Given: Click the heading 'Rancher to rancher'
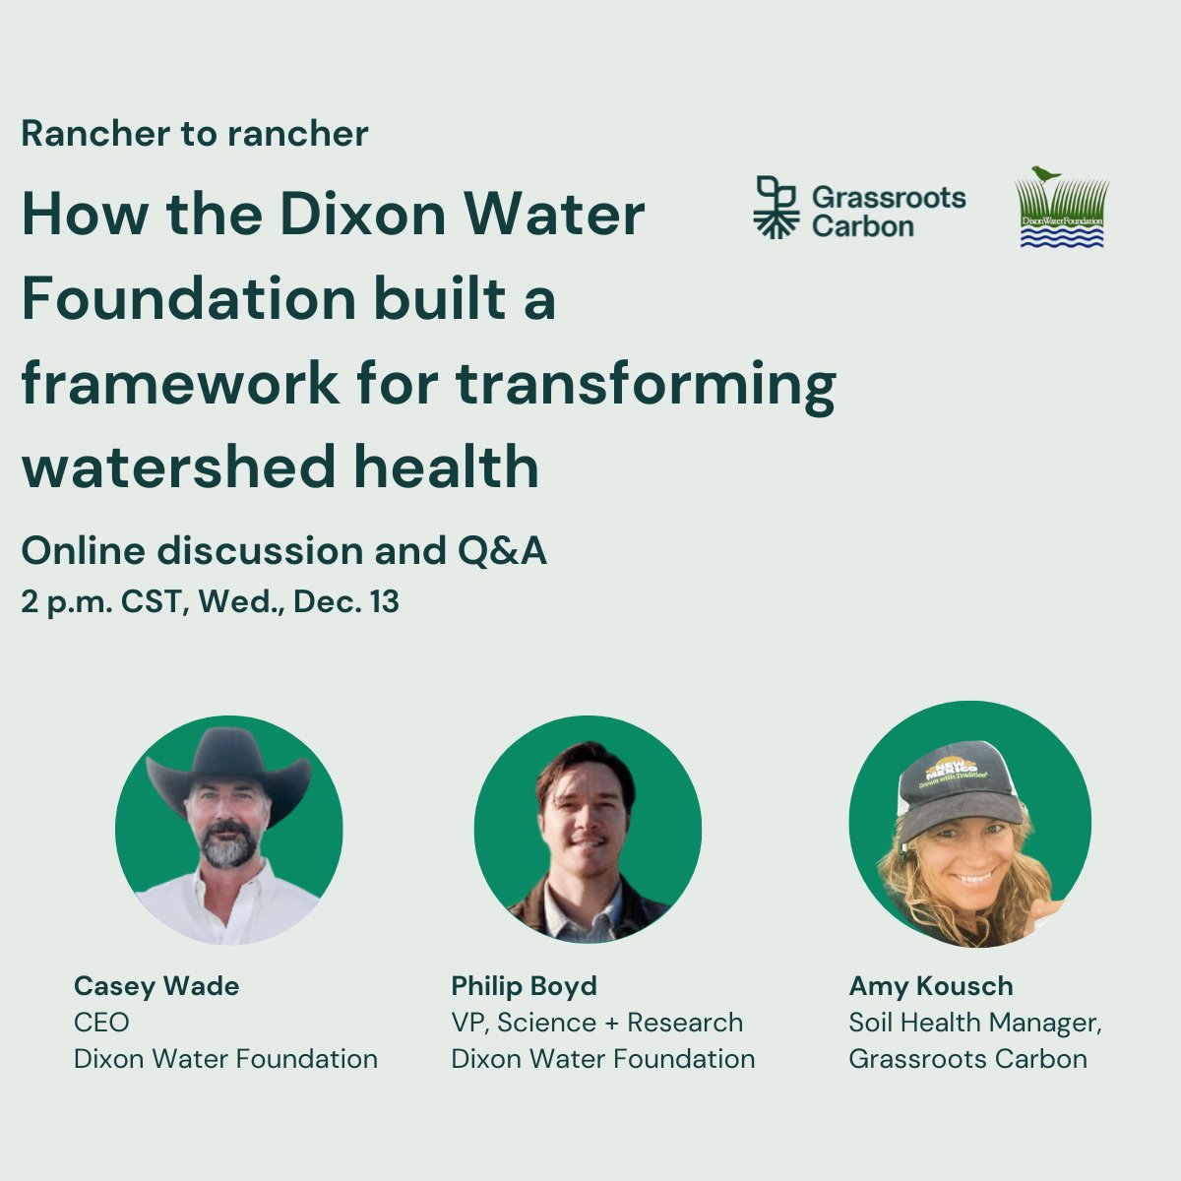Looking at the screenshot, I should (x=195, y=134).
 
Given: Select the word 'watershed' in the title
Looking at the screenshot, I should (x=178, y=466).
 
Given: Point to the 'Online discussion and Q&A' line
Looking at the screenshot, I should (x=283, y=551).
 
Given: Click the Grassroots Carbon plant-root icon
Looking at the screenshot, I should (x=776, y=208).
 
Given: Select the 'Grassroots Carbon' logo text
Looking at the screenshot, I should (x=888, y=212).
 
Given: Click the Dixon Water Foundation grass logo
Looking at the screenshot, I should (x=1062, y=209).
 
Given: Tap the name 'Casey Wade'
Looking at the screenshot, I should (x=156, y=985).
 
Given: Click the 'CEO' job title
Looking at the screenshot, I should (x=101, y=1023).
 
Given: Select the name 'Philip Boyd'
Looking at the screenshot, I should (x=524, y=985).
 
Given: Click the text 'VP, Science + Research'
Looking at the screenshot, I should (x=596, y=1023).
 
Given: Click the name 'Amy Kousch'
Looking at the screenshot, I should (x=930, y=985).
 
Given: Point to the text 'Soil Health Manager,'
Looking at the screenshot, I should (x=974, y=1023).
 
